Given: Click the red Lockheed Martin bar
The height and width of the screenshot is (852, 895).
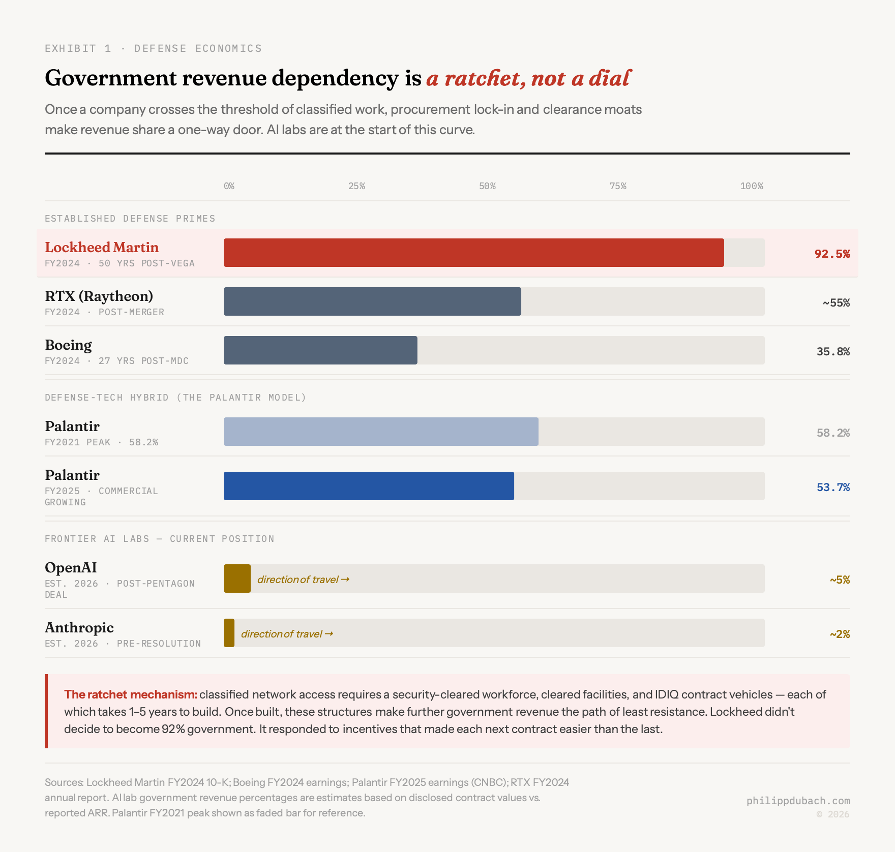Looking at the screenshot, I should coord(473,253).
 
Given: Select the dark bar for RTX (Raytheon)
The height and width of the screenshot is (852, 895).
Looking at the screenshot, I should coord(372,301).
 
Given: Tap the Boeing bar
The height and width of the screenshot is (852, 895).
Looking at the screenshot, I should coord(320,350).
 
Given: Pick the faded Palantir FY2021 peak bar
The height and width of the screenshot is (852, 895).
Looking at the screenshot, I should coord(381,432).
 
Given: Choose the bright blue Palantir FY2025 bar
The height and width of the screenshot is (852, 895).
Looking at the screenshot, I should coord(369,486).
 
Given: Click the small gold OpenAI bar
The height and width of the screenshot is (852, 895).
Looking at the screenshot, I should coord(237,579).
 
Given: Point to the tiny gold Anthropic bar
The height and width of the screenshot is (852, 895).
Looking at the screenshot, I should coord(229,633).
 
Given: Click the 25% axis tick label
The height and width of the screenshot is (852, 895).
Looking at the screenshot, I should coord(356,186).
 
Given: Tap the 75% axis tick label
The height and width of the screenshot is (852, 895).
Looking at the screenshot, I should coord(618,186).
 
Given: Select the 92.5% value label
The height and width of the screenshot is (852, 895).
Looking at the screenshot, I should coord(832,254).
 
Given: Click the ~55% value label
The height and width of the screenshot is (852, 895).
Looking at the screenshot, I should coord(836,302).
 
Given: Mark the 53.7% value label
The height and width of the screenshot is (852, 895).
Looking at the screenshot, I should coord(833,487).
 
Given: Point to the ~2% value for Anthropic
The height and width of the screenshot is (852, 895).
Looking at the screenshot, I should coord(840,634).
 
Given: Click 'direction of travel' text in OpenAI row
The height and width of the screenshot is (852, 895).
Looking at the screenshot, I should coord(303,580).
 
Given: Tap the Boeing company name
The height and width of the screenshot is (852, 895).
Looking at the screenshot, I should coord(68,345).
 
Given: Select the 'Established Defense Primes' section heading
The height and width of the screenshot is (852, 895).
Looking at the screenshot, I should coord(130,219).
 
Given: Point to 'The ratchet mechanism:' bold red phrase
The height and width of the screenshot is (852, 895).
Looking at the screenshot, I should coord(130,694).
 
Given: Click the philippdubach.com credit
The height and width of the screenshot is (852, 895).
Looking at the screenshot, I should coord(798,801).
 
